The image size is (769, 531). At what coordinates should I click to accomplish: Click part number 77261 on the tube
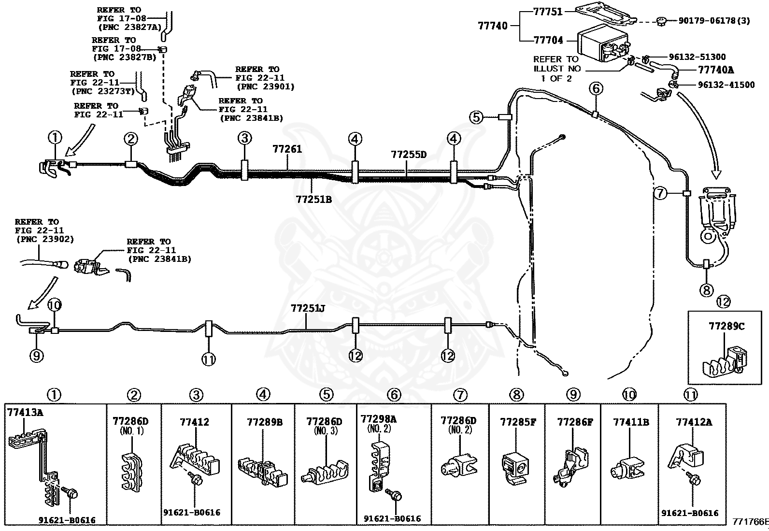pos(287,149)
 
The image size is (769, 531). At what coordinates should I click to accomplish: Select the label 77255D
pos(409,155)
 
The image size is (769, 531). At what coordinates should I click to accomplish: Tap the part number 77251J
pos(308,308)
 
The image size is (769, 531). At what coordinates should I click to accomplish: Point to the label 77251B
pos(314,199)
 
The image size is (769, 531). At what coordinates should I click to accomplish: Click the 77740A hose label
pos(716,70)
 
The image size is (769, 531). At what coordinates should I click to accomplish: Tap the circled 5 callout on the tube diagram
pos(476,117)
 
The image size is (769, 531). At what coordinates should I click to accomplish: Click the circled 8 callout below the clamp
pos(706,290)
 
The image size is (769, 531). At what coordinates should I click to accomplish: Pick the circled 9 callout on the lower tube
pos(36,356)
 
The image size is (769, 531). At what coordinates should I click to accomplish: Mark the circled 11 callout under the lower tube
pos(208,359)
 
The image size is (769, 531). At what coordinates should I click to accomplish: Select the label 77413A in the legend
pos(25,412)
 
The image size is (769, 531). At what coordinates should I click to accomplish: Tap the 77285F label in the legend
pos(518,422)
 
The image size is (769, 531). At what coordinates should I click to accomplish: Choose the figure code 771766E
pos(751,522)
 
